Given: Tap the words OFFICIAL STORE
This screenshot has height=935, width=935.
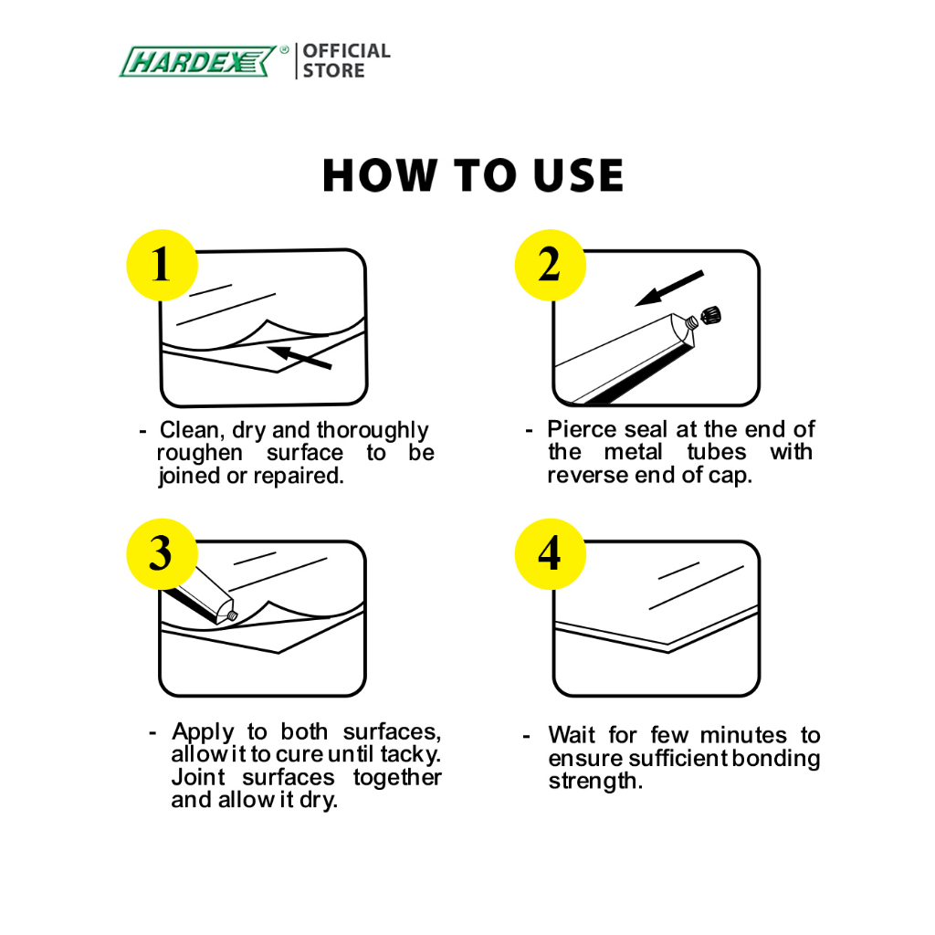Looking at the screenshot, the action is tap(346, 61).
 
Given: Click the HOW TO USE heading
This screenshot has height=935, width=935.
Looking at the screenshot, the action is tap(473, 175).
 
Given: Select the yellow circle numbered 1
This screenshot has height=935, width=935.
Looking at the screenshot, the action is tap(162, 265).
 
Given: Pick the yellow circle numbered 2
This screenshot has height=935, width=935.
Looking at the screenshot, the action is tap(550, 265).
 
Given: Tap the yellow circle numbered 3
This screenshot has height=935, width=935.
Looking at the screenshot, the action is tap(162, 554).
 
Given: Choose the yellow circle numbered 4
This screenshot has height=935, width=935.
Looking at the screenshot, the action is tap(550, 554).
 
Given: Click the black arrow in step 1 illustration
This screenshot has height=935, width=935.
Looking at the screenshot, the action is tap(299, 356).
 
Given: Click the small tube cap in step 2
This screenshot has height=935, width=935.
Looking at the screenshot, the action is tap(710, 314).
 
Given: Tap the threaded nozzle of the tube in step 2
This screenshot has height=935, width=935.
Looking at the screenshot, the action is tap(691, 322).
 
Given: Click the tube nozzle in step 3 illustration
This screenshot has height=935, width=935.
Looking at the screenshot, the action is tap(232, 615).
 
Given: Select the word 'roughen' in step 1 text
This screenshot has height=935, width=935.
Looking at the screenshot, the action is tap(200, 453).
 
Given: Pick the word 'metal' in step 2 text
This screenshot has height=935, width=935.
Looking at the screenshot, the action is tap(633, 451).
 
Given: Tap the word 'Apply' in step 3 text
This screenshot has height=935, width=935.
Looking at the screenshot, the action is tap(204, 732).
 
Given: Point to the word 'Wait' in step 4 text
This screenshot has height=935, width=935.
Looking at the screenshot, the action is tap(572, 735).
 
